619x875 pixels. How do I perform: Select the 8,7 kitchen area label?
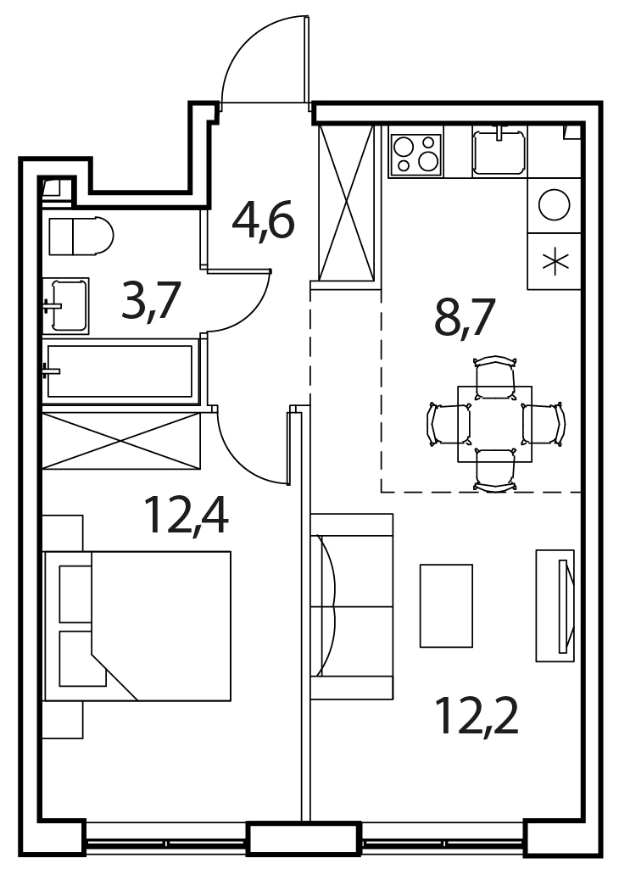465,316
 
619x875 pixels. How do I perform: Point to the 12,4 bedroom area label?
186,515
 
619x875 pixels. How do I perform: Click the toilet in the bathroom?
81,236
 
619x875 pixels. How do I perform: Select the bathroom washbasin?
66,305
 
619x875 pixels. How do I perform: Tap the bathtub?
120,371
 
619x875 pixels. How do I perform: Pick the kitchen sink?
499,151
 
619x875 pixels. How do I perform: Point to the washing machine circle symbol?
555,204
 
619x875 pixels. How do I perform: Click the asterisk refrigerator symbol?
555,261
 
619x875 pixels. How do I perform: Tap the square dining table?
494,424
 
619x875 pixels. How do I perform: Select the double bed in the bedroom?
137,626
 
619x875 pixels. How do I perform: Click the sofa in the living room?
352,606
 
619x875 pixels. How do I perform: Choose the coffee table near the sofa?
446,605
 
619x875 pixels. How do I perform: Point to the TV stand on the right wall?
556,605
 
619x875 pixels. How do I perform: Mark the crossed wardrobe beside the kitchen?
345,203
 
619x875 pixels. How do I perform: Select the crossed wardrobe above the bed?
121,441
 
